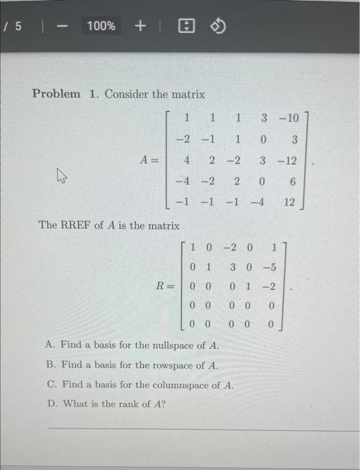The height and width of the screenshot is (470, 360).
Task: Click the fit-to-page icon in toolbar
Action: pos(185,26)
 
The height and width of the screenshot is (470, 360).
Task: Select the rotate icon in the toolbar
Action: pos(219,26)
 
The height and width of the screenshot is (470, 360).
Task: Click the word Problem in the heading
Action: pos(57,94)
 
